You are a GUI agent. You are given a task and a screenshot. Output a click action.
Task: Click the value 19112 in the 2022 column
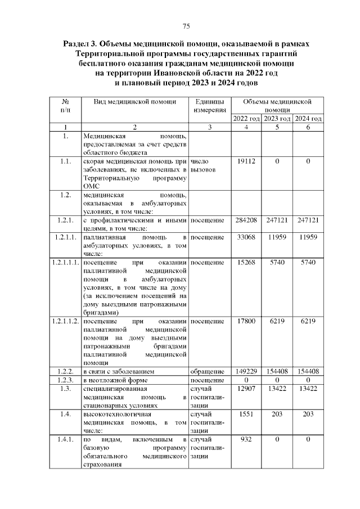point(246,162)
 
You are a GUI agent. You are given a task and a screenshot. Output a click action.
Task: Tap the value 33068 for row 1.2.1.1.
point(246,239)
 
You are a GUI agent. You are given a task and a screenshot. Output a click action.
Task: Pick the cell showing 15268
point(246,263)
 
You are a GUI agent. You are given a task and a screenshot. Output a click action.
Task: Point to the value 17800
point(246,321)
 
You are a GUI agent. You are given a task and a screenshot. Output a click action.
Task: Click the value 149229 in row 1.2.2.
point(246,371)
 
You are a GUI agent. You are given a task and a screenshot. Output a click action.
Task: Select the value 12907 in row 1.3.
point(246,389)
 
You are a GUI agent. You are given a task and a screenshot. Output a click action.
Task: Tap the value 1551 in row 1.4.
point(246,414)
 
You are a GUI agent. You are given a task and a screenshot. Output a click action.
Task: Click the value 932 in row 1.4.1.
point(246,439)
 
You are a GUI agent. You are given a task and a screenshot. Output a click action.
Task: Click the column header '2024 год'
point(308,119)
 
